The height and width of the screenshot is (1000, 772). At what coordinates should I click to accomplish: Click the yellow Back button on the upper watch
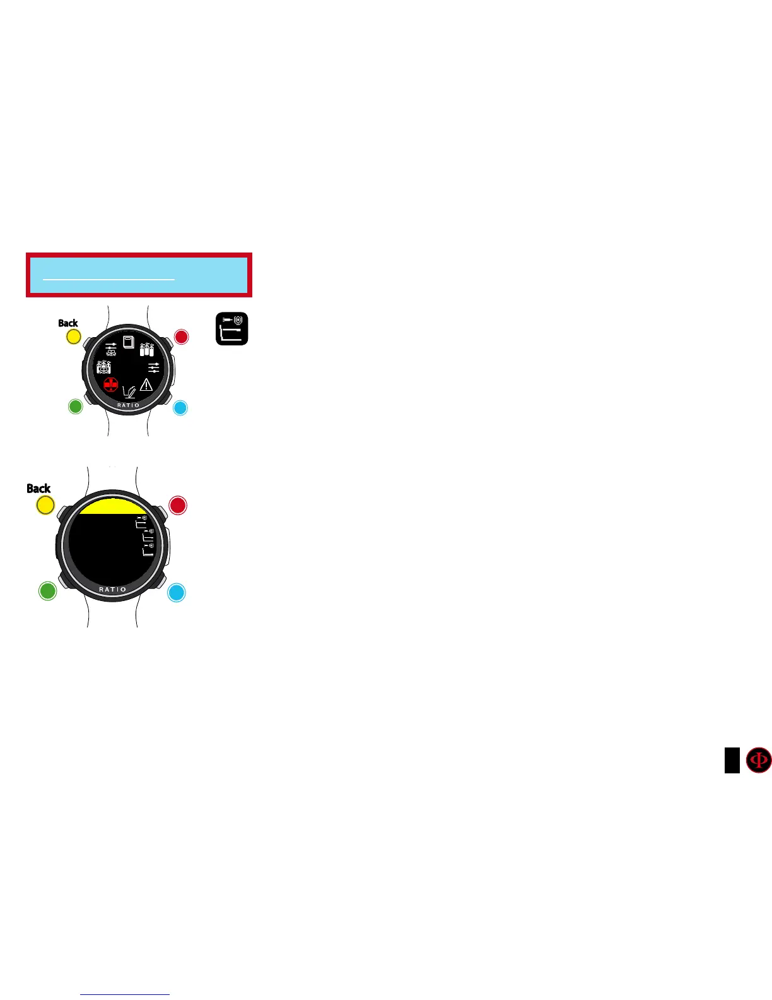tap(74, 336)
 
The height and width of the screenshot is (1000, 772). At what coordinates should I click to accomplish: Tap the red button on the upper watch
tap(182, 336)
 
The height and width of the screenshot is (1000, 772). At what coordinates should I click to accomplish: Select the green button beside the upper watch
tap(75, 407)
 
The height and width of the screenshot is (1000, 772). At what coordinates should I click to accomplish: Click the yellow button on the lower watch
tap(45, 506)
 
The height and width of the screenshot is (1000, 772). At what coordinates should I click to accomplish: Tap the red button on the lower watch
tap(178, 506)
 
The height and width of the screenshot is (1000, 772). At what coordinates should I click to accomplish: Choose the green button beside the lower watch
tap(48, 592)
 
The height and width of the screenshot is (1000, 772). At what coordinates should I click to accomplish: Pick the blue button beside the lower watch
tap(177, 593)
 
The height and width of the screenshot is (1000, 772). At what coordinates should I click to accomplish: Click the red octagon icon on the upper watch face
tap(111, 384)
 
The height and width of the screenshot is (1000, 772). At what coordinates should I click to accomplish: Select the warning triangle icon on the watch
tap(146, 384)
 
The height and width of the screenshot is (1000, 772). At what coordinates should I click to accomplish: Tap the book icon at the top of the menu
tap(129, 342)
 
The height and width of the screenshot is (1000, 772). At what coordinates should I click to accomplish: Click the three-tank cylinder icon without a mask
tap(147, 349)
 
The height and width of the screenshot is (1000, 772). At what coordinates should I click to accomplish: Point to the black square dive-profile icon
tap(232, 329)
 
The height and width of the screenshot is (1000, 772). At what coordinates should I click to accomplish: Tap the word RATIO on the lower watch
tap(113, 590)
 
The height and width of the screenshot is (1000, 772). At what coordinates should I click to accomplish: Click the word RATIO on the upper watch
tap(128, 405)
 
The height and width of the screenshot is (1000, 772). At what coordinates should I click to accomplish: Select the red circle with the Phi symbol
tap(759, 760)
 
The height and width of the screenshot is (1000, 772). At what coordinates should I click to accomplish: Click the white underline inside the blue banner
tap(108, 278)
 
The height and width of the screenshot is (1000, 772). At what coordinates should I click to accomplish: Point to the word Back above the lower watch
tap(38, 489)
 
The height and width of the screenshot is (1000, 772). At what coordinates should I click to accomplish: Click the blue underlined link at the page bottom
tap(125, 994)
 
